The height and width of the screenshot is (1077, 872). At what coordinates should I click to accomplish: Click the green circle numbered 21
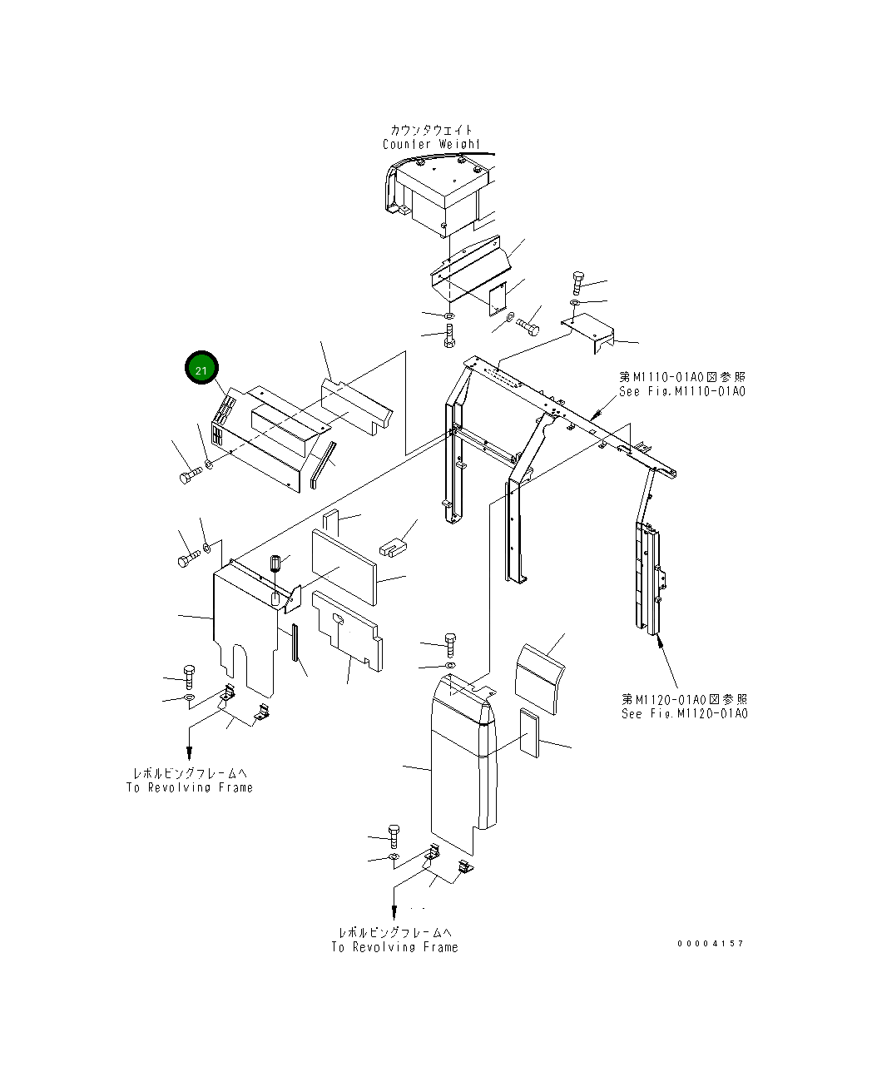click(x=201, y=369)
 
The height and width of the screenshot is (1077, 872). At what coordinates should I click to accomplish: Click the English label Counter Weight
click(x=431, y=144)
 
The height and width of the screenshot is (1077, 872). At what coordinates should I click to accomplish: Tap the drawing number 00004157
click(x=710, y=943)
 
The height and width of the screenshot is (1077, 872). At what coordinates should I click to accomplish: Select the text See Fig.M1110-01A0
click(x=681, y=392)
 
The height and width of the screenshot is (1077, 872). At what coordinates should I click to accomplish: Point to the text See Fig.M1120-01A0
click(x=684, y=714)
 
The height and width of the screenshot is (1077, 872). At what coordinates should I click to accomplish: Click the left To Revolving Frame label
click(x=190, y=787)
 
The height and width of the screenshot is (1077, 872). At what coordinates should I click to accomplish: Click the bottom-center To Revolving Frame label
click(x=394, y=947)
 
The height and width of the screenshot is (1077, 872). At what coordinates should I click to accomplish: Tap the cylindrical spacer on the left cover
click(x=277, y=565)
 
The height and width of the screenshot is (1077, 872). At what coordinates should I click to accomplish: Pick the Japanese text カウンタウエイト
click(x=431, y=130)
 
